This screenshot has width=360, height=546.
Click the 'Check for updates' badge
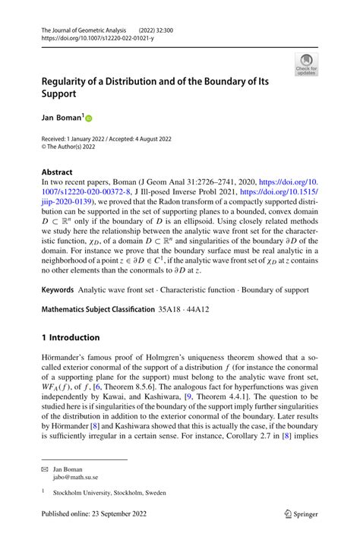click(306, 64)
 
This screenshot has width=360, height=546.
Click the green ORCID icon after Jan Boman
click(87, 118)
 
